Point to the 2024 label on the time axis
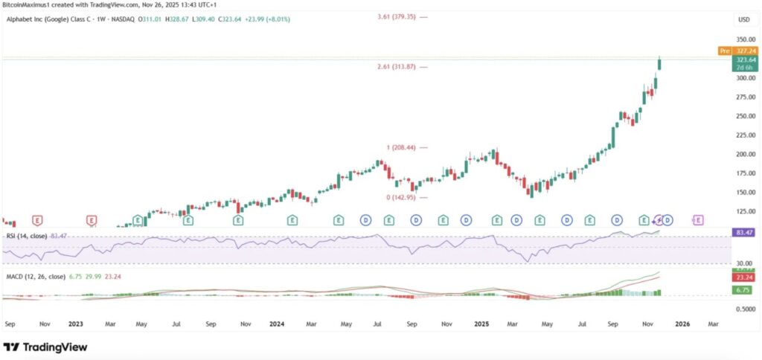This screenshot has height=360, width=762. tap(277, 324)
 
